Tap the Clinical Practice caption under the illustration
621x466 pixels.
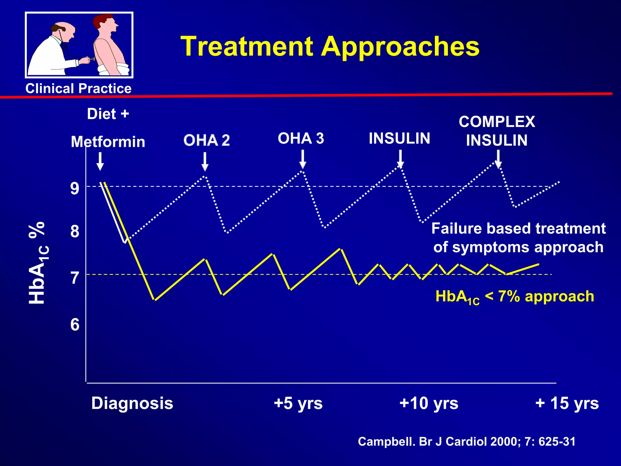pos(78,89)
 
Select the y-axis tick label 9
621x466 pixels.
pos(75,188)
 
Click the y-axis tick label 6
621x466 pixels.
pos(75,325)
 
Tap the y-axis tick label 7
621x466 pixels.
pos(75,278)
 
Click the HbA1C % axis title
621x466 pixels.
pos(38,263)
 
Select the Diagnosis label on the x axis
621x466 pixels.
pos(132,403)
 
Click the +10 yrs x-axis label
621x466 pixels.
pos(429,403)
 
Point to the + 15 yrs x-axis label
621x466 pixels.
pos(567,403)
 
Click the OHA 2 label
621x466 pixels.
pos(207,140)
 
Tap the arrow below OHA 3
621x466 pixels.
pos(302,160)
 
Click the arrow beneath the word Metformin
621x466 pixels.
pos(100,161)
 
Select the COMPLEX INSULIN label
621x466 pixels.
pos(497,131)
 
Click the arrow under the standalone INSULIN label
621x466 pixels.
pos(400,159)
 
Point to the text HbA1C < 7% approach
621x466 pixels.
pos(515,297)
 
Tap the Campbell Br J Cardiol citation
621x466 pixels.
pos(466,441)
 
